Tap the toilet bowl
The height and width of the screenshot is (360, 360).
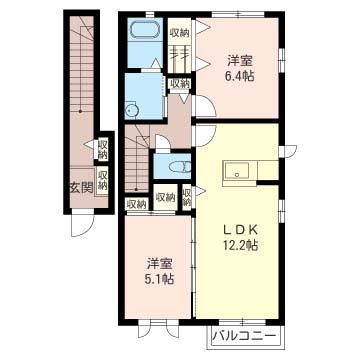click(179, 167)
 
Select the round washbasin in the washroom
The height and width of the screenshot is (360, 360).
click(131, 109)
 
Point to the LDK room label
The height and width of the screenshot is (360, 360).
click(240, 230)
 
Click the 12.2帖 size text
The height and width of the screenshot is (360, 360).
click(240, 246)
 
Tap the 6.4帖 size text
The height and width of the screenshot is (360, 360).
click(240, 76)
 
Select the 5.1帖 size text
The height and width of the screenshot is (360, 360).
click(160, 279)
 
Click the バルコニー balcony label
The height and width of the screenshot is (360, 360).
click(245, 335)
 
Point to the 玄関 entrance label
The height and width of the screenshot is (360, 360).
click(81, 189)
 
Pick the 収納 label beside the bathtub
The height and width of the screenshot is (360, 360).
click(180, 33)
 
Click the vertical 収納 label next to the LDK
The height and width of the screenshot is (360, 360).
click(187, 198)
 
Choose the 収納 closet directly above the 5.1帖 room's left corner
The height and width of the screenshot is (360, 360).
click(137, 203)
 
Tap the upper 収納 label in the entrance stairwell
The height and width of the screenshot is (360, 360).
click(103, 150)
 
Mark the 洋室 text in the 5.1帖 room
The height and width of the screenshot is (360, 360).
click(160, 264)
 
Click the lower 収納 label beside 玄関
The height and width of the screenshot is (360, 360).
click(103, 180)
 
